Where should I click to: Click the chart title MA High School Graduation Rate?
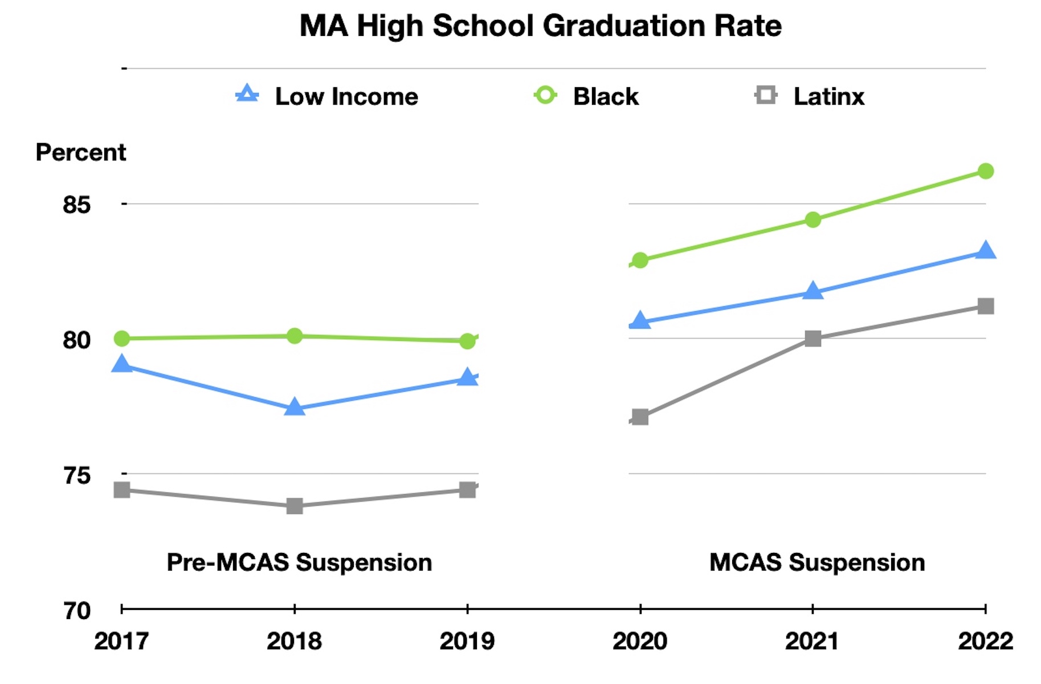point(540,26)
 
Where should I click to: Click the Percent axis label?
point(80,152)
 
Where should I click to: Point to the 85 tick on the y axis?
point(77,205)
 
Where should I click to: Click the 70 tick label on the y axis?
point(77,610)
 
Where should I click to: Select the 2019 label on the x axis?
point(467,641)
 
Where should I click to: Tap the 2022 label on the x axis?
point(985,641)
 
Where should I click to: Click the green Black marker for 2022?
point(985,171)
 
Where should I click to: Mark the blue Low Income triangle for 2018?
point(294,407)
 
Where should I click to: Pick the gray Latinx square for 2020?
point(640,417)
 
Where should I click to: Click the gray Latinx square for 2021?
point(813,339)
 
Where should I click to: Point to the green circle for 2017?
point(122,339)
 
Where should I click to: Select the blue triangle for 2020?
point(640,321)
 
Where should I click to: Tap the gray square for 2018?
point(294,506)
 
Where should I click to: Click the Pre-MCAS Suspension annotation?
point(299,563)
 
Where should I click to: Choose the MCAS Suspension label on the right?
point(817,563)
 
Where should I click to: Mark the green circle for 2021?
point(813,219)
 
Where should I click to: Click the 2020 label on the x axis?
point(640,641)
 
